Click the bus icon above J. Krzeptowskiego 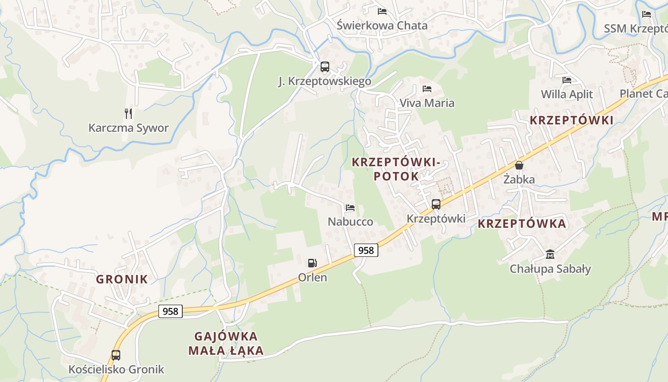pyautogui.click(x=325, y=67)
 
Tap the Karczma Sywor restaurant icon pyautogui.click(x=128, y=113)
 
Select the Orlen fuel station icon pyautogui.click(x=312, y=263)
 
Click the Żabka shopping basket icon pyautogui.click(x=519, y=165)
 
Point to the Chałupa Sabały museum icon pyautogui.click(x=550, y=254)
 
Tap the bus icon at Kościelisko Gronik pyautogui.click(x=116, y=355)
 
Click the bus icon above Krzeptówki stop pyautogui.click(x=436, y=204)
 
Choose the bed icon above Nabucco pyautogui.click(x=350, y=207)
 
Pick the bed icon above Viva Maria pyautogui.click(x=427, y=88)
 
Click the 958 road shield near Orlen pyautogui.click(x=366, y=250)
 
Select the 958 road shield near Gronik pyautogui.click(x=170, y=311)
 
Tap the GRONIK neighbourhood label pyautogui.click(x=122, y=279)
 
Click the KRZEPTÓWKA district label pyautogui.click(x=522, y=223)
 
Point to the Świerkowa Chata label pyautogui.click(x=382, y=25)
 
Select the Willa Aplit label pyautogui.click(x=567, y=94)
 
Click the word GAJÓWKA pyautogui.click(x=226, y=336)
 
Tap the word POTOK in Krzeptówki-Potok pyautogui.click(x=396, y=176)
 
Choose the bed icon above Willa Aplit pyautogui.click(x=567, y=80)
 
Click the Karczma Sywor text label pyautogui.click(x=128, y=128)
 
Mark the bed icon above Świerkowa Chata pyautogui.click(x=382, y=11)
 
